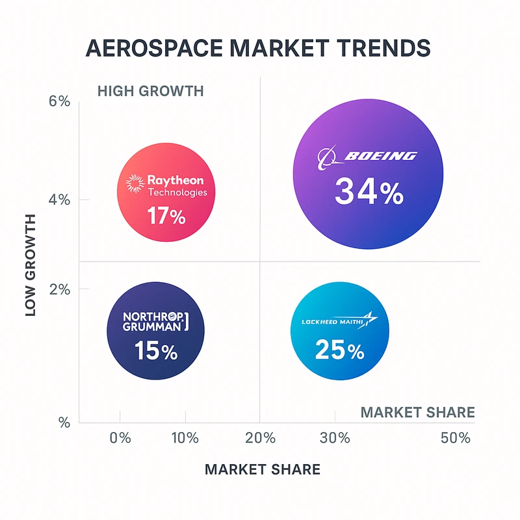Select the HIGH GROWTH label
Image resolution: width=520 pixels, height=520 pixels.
150,90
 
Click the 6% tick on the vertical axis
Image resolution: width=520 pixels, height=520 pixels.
59,102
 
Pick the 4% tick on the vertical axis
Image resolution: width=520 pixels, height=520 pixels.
59,200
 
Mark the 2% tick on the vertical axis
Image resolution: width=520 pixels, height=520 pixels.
59,289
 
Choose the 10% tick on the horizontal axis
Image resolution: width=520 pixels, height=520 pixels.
185,437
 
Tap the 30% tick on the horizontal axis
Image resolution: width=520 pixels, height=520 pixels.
335,437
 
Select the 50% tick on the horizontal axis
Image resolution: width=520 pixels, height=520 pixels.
454,437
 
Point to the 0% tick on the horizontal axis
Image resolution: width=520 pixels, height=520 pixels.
120,437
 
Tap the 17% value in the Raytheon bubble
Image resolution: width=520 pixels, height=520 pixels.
166,215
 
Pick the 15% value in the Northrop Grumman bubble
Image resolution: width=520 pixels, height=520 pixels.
156,352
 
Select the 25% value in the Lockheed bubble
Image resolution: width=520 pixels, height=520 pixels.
339,351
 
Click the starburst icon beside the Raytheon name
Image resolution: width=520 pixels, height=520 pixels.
135,184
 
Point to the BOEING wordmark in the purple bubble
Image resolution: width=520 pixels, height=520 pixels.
380,156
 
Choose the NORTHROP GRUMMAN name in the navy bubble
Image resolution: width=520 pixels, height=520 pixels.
153,322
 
